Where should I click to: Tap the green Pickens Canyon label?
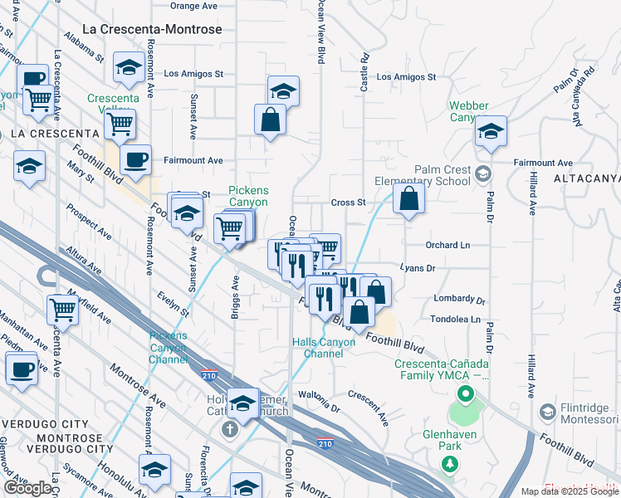tap(248, 196)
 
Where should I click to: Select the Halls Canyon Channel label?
tap(317, 348)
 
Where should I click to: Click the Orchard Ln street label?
tap(447, 246)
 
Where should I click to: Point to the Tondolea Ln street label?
tap(455, 319)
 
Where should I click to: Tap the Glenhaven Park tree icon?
tap(450, 464)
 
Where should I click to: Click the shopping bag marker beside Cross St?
tap(408, 199)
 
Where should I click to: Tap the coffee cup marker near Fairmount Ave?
tap(135, 159)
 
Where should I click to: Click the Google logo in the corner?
tap(27, 488)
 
